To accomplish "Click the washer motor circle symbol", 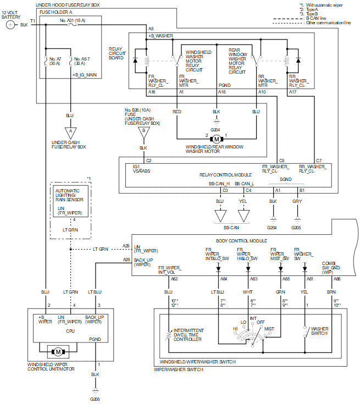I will tap(217, 138).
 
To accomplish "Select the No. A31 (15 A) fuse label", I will tap(72, 20).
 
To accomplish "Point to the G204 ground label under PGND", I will tap(217, 129).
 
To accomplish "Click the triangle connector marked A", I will tap(70, 133).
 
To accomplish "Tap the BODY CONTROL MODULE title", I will tap(241, 241).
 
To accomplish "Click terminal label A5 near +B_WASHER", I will tap(151, 29).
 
